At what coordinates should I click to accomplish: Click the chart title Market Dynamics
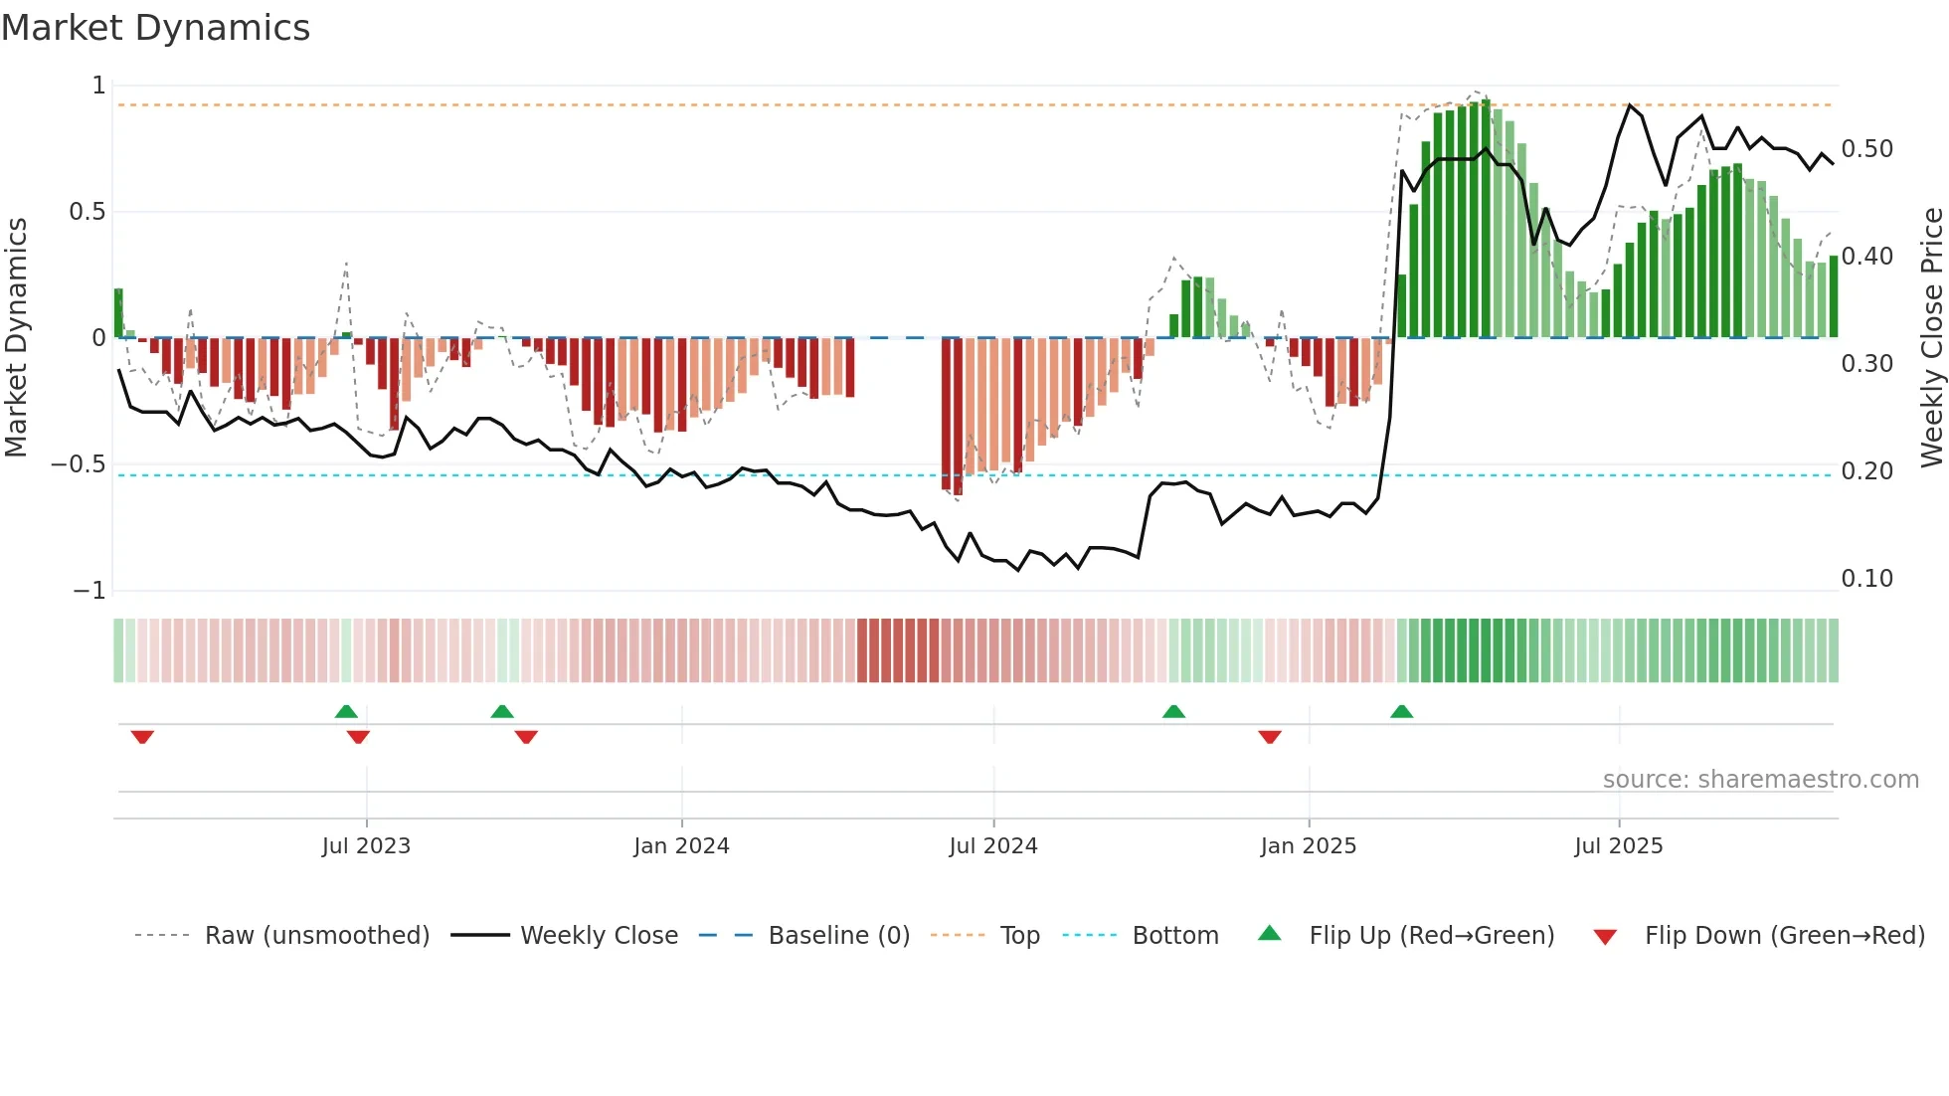click(x=156, y=28)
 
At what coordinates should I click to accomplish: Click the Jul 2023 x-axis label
click(x=366, y=846)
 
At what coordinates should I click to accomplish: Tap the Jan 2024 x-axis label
click(x=681, y=846)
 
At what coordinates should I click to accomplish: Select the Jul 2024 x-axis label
click(x=992, y=846)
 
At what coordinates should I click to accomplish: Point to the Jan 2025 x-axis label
click(x=1308, y=846)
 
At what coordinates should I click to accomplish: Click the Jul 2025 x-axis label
click(x=1618, y=846)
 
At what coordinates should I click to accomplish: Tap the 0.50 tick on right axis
click(x=1866, y=149)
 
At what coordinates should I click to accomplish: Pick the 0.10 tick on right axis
click(x=1866, y=579)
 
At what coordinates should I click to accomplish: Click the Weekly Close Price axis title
click(x=1931, y=338)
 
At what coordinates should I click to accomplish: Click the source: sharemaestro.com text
click(x=1760, y=780)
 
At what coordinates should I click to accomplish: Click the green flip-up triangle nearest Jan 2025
click(x=1401, y=712)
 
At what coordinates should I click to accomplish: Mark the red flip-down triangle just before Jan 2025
click(x=1270, y=736)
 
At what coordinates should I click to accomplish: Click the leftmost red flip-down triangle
click(x=142, y=736)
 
